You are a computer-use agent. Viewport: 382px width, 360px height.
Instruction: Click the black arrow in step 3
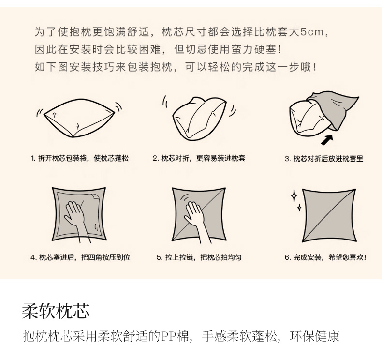point(327,140)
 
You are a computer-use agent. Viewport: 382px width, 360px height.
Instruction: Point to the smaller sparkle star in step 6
point(299,208)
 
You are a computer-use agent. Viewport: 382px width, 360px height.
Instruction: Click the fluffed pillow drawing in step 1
point(78,118)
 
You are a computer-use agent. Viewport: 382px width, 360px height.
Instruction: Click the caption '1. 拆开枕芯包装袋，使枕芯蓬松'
point(80,158)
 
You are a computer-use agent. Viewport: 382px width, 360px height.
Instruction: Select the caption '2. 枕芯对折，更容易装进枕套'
point(199,158)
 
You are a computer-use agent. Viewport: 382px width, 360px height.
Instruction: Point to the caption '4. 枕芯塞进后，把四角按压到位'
point(80,257)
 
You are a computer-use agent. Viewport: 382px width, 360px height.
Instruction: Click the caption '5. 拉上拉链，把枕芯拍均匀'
point(199,257)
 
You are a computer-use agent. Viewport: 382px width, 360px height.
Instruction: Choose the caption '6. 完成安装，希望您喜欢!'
point(325,257)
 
